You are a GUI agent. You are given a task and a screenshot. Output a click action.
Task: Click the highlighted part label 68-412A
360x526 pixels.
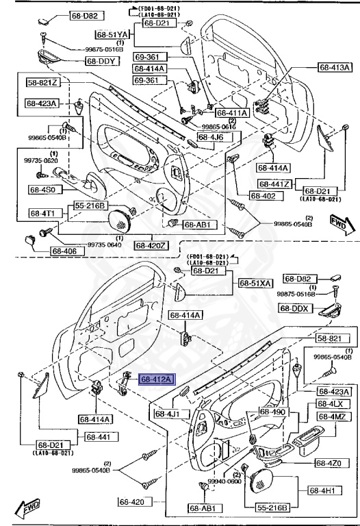tap(157, 378)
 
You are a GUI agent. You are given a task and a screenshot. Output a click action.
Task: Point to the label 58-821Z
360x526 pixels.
tap(43, 83)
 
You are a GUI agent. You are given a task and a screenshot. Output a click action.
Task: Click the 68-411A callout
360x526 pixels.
tap(232, 112)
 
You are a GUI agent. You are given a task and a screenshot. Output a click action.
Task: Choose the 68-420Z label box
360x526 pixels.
tap(151, 245)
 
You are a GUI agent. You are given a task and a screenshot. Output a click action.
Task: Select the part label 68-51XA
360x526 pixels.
tap(256, 283)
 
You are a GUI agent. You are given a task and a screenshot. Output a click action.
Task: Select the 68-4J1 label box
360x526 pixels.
tap(166, 414)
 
